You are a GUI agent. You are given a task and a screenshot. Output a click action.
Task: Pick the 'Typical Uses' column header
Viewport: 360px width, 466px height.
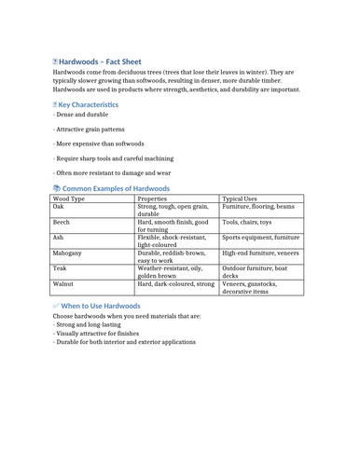pyautogui.click(x=245, y=199)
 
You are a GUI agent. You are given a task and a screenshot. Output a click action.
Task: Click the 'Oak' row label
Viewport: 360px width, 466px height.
pyautogui.click(x=59, y=208)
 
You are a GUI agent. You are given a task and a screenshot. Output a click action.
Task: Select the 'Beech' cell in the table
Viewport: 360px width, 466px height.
pyautogui.click(x=62, y=223)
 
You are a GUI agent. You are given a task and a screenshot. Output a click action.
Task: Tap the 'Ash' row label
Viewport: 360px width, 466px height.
pyautogui.click(x=59, y=238)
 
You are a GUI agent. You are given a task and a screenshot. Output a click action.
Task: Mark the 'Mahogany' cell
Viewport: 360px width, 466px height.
pyautogui.click(x=68, y=254)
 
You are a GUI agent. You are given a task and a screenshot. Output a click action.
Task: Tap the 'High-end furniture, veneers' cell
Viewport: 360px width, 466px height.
pyautogui.click(x=261, y=254)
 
